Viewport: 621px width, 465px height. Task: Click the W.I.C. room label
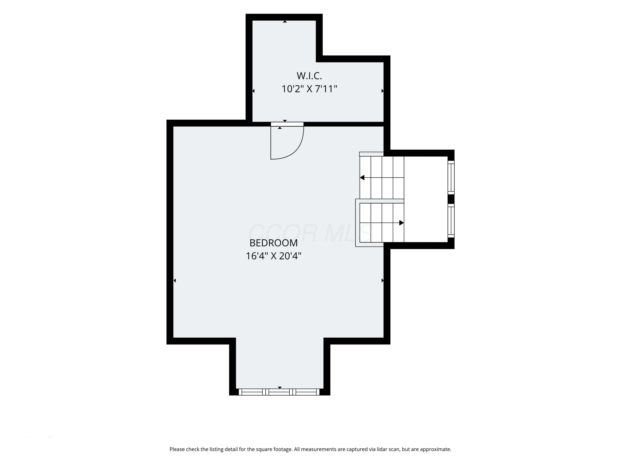(309, 76)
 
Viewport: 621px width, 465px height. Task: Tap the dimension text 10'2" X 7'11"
(309, 89)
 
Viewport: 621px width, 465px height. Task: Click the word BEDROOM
(273, 243)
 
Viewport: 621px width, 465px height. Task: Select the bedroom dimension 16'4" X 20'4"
(273, 256)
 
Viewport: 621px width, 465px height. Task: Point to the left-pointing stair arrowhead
(362, 177)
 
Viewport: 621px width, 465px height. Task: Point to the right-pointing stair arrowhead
(401, 223)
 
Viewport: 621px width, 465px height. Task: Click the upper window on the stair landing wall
(451, 177)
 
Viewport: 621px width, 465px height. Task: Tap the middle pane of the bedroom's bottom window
(279, 392)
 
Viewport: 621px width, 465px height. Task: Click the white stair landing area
(426, 199)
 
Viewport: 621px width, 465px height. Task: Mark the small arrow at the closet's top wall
(285, 21)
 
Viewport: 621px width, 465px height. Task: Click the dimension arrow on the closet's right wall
(382, 91)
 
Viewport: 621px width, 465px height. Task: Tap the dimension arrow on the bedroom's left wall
(175, 280)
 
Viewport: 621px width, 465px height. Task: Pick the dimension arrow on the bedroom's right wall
(382, 280)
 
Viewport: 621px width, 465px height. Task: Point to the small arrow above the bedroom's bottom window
(280, 388)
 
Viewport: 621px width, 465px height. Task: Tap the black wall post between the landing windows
(451, 199)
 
